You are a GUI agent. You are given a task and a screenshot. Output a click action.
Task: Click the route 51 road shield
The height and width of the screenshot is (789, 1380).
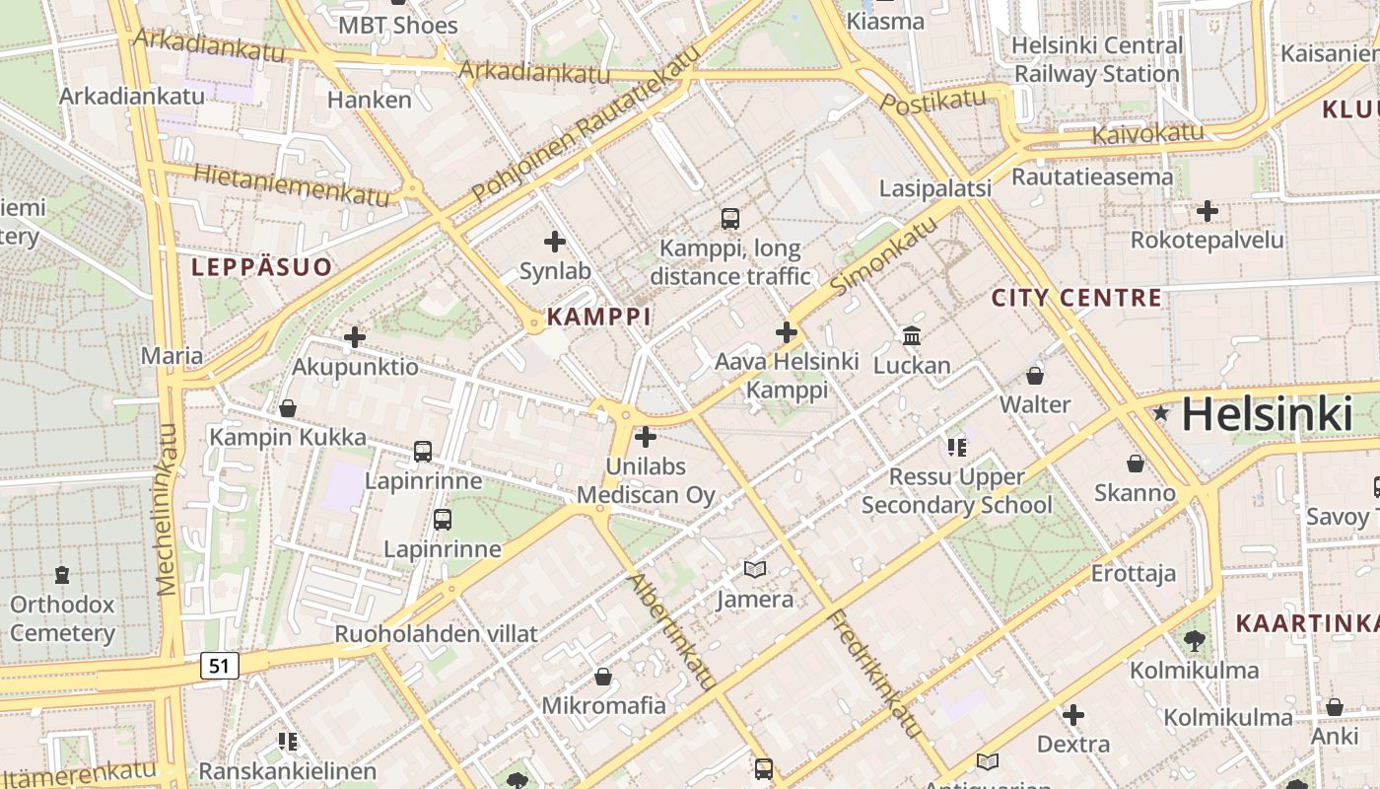pos(219,666)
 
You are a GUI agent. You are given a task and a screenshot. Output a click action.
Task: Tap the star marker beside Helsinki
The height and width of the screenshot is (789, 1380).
pos(1161,413)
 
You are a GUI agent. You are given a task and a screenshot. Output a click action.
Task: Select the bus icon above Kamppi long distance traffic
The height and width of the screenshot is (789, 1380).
pos(729,218)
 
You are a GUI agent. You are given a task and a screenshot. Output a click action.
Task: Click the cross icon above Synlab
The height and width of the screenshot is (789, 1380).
pos(555,241)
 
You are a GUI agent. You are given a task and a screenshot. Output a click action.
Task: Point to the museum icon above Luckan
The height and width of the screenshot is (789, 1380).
pos(912,336)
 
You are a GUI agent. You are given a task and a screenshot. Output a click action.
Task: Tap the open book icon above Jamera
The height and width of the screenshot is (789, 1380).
pos(755,569)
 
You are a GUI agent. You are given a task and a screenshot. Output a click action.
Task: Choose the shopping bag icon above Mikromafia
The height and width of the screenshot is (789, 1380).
pos(603,677)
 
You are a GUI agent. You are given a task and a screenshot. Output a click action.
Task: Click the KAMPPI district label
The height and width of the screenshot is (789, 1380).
pos(598,317)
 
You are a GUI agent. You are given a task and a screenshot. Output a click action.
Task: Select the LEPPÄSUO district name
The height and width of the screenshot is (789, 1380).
pos(261,266)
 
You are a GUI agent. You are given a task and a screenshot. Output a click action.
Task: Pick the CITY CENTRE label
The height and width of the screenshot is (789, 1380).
pos(1076,298)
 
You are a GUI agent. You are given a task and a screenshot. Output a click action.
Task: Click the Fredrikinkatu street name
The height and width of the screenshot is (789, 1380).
pos(875,674)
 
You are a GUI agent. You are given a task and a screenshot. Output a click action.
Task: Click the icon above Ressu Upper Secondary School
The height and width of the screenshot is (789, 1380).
pos(956,447)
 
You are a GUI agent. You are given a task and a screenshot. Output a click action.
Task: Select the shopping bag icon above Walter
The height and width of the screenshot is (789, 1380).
pos(1035,376)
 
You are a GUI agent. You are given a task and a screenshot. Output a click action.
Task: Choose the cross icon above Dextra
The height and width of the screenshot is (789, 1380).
pos(1073,714)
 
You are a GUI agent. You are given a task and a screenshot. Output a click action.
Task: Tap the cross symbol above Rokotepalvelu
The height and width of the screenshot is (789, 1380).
pos(1207,211)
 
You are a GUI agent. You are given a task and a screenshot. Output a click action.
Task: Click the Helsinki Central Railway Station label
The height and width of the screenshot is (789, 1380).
pos(1096,59)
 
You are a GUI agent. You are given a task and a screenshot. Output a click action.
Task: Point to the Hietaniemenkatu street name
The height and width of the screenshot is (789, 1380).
pos(292,184)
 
